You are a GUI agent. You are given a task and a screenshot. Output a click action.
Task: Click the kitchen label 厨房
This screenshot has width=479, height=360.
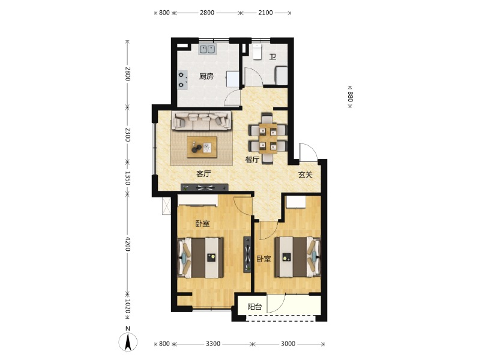coord(206,76)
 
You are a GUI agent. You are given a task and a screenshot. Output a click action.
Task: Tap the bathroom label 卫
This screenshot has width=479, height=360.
coord(273,57)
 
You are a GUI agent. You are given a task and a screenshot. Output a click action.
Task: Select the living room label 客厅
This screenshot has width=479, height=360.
coord(203,174)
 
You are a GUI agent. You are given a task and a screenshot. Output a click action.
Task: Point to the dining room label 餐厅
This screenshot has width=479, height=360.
coord(252,160)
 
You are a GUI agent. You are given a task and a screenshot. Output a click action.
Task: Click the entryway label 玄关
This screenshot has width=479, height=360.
coord(305,175)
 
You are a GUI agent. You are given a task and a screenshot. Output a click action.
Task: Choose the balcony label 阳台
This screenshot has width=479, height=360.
coord(255,307)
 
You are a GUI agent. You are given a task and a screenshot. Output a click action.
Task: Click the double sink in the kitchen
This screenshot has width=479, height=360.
coord(208,49)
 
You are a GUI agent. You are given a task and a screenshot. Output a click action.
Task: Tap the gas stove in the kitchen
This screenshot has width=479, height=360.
coord(182,80)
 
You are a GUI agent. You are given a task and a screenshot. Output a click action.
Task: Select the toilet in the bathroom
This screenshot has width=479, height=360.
coord(258,51)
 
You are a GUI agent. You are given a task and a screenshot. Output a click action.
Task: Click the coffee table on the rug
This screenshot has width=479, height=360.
coord(202,147)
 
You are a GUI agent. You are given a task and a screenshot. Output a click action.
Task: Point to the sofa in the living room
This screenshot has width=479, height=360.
coord(201,121)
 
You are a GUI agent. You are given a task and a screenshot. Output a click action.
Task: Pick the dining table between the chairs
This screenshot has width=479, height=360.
coord(268,139)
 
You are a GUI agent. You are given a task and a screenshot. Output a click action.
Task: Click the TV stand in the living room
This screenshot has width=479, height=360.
coord(204,187)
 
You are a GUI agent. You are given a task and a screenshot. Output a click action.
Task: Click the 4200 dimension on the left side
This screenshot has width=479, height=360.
coord(128,244)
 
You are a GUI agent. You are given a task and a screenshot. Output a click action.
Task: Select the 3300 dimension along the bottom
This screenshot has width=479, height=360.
coord(213,344)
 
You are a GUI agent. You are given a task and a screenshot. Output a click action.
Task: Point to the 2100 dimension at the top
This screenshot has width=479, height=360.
coord(265,13)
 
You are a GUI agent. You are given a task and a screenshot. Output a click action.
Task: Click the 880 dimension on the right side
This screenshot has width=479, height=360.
coord(350,97)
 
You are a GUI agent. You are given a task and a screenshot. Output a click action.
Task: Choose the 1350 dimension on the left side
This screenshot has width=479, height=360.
coord(128,178)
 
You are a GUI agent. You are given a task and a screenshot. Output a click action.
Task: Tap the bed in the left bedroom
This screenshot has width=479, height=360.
coord(200,258)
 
